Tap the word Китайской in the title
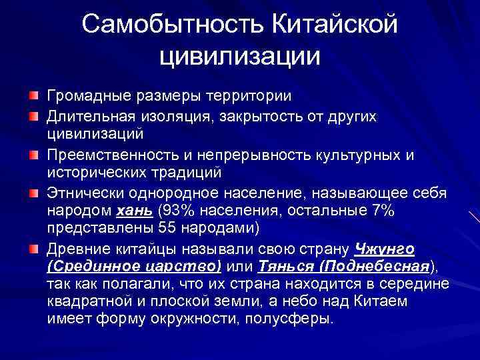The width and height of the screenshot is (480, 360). pos(335,25)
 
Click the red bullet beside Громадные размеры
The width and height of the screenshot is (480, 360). pos(33,96)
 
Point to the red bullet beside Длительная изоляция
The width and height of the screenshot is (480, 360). pos(33,117)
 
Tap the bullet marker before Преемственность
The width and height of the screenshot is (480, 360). pos(33,155)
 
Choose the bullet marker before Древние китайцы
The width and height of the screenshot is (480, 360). pos(33,249)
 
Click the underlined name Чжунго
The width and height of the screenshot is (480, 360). pos(385,249)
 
